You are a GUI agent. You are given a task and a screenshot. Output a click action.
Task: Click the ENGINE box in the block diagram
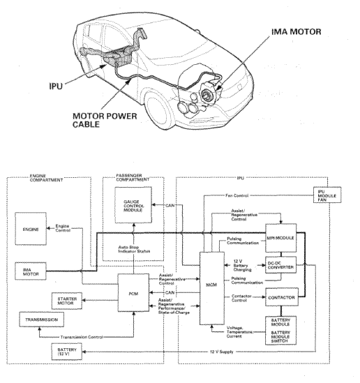[x=31, y=229]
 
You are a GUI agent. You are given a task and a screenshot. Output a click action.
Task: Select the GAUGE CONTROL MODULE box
[x=133, y=205]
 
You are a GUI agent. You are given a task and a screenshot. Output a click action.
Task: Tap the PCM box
[x=133, y=292]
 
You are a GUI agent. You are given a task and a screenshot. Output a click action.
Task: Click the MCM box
[x=212, y=289]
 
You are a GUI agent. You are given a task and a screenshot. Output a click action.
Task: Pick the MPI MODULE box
[x=281, y=238]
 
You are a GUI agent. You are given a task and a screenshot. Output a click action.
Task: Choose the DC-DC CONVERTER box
[x=280, y=265]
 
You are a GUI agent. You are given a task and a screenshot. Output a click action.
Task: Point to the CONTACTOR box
[x=282, y=297]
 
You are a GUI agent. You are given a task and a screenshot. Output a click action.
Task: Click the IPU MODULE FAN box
[x=327, y=195]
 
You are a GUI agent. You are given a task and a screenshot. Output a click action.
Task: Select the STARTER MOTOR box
[x=67, y=301]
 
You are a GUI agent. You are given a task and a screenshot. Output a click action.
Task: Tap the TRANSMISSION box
[x=42, y=320]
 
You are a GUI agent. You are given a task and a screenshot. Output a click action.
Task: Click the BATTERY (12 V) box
[x=67, y=352]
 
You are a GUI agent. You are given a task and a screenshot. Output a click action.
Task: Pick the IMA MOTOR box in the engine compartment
[x=31, y=271]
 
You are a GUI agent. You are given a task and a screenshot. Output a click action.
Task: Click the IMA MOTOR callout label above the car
[x=297, y=32]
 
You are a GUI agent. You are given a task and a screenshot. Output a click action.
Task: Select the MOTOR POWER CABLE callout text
[x=105, y=120]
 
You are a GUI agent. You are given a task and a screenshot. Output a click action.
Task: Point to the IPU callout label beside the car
[x=56, y=86]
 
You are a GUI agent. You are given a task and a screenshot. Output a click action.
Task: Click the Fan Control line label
[x=237, y=195]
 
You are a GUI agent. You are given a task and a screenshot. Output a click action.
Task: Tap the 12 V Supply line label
[x=222, y=352]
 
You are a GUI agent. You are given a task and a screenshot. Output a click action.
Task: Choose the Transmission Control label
[x=82, y=337]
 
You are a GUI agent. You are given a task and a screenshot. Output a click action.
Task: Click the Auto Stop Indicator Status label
[x=134, y=249]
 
